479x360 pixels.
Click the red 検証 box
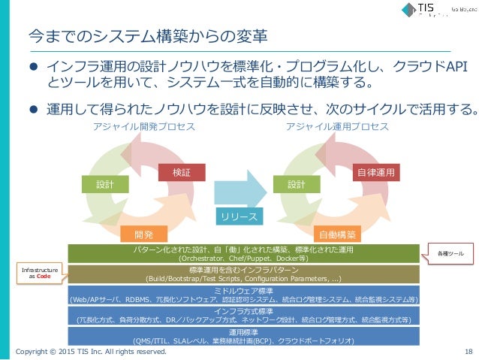(176, 172)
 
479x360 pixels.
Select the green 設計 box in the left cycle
(101, 183)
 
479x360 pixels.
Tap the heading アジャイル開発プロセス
(143, 127)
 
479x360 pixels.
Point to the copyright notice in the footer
(91, 351)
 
